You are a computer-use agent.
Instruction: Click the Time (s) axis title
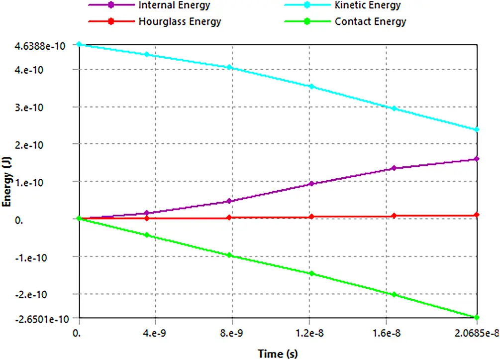(278, 353)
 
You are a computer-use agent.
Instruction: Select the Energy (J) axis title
(7, 181)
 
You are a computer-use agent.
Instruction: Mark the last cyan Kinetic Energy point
(477, 129)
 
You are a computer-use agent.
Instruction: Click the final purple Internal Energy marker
(477, 159)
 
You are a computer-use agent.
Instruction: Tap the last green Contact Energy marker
(477, 317)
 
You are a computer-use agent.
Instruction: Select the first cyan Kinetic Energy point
(79, 44)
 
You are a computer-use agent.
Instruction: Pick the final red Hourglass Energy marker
(477, 215)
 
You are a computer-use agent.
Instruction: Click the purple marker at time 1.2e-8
(311, 184)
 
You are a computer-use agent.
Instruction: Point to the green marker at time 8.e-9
(229, 255)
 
